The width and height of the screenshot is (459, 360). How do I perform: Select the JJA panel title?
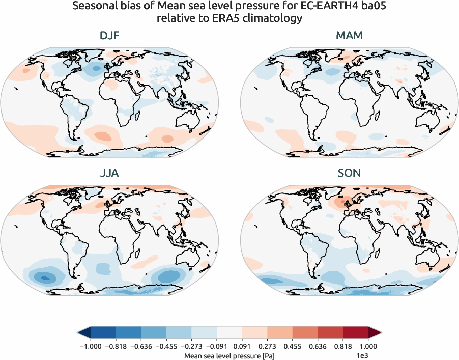click(x=109, y=173)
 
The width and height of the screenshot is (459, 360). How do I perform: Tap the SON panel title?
click(x=349, y=173)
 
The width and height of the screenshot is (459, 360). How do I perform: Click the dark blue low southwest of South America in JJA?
click(x=45, y=278)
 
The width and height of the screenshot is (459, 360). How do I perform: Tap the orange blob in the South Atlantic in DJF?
click(x=102, y=136)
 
